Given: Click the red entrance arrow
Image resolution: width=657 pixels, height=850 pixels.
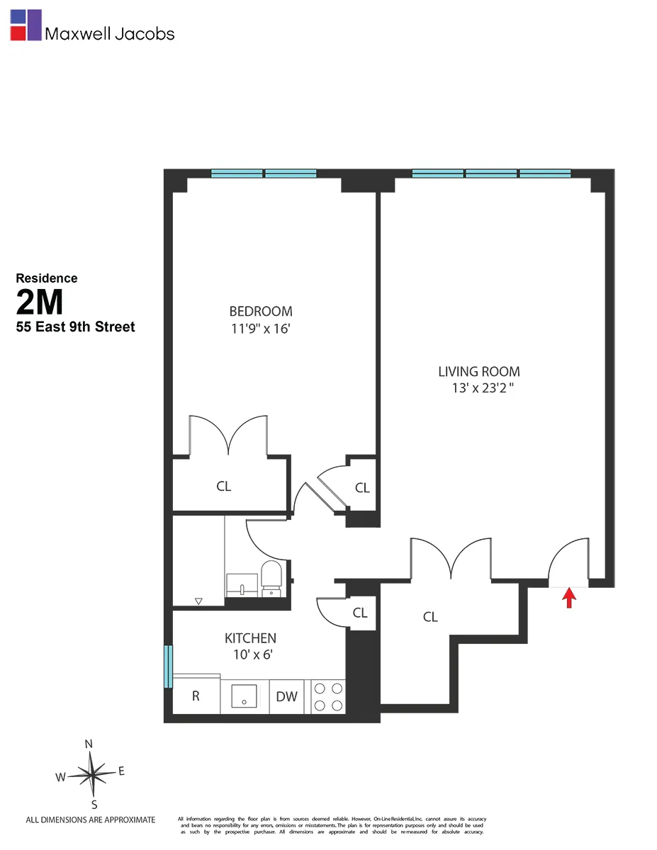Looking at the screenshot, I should (568, 599).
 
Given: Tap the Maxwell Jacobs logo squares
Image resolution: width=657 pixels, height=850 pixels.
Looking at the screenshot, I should (26, 25).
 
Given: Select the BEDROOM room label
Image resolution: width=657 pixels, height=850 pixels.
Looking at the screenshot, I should (260, 311).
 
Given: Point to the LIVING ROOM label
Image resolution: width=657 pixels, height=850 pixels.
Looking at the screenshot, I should (478, 371).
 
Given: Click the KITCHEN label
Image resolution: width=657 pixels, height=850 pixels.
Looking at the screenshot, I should (250, 638).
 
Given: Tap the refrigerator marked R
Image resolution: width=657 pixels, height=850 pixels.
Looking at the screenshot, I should (196, 696).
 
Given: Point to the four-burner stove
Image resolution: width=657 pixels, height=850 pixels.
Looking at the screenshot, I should (328, 696).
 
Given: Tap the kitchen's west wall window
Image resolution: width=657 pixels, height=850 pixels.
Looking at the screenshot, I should (168, 666).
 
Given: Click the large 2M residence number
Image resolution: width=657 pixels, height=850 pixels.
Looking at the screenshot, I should (40, 302).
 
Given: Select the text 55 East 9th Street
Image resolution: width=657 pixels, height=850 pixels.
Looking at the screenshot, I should (75, 327).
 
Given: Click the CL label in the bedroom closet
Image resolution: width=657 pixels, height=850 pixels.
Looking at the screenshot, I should (223, 487).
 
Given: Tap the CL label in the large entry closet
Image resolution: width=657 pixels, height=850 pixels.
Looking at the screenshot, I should (430, 617).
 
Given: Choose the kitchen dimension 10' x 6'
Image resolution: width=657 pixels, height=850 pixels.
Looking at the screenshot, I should (250, 655).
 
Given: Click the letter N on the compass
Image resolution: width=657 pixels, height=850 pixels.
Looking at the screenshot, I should (89, 744).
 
